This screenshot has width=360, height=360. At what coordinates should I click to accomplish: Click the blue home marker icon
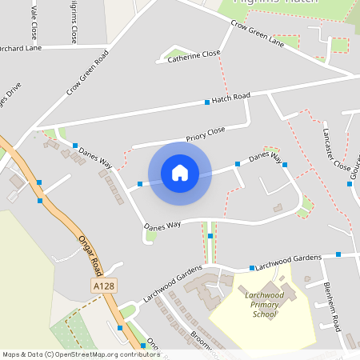[x=180, y=173]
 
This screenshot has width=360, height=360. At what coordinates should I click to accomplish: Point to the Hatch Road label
[x=231, y=97]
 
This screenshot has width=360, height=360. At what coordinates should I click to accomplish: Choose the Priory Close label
[x=206, y=134]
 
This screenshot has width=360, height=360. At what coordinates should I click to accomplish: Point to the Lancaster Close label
[x=336, y=149]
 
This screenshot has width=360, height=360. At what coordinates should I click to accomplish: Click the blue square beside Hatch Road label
[x=207, y=102]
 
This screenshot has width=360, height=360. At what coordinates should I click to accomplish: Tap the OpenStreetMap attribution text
[x=80, y=354]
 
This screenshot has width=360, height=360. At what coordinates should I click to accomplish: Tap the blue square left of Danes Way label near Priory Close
[x=75, y=146]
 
